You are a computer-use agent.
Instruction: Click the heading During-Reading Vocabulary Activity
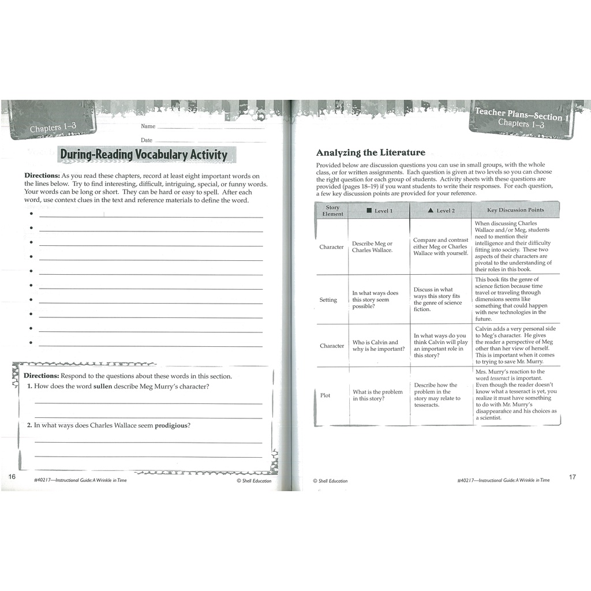pos(144,155)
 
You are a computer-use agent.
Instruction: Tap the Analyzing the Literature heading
pos(371,153)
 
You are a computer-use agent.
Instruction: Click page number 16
pos(12,477)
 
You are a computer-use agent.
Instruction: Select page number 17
pos(572,477)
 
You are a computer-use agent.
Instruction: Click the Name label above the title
pos(148,126)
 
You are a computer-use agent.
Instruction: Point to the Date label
pos(147,140)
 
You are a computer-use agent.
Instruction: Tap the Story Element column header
pos(332,211)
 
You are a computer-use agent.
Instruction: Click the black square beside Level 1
pos(369,211)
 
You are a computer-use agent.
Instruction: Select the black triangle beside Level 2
pos(431,211)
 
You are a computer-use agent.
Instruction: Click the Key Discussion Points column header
pos(515,210)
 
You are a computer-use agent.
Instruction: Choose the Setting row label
pos(328,300)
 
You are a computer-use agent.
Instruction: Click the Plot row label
pos(325,395)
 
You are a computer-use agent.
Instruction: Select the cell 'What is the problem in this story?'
pos(377,395)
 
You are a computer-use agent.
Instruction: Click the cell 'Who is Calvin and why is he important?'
pos(379,346)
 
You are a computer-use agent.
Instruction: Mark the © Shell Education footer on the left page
pos(254,481)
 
